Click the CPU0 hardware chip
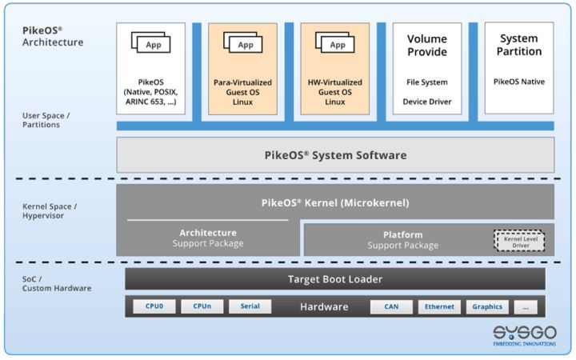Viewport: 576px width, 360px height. (x=154, y=306)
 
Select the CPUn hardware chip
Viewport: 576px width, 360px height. (x=202, y=306)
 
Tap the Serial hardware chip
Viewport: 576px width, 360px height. (x=250, y=306)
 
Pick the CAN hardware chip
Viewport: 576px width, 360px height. (x=391, y=306)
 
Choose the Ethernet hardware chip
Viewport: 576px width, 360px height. (x=439, y=306)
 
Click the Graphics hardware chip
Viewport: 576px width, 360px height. (x=487, y=306)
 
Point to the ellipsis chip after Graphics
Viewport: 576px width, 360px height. (x=525, y=306)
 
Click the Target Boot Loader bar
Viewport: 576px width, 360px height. (x=335, y=278)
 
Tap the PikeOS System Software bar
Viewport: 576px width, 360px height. (x=335, y=155)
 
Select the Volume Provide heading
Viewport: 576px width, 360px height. (x=427, y=46)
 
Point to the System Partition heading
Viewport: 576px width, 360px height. (x=519, y=45)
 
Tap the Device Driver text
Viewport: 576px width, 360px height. (x=426, y=102)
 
